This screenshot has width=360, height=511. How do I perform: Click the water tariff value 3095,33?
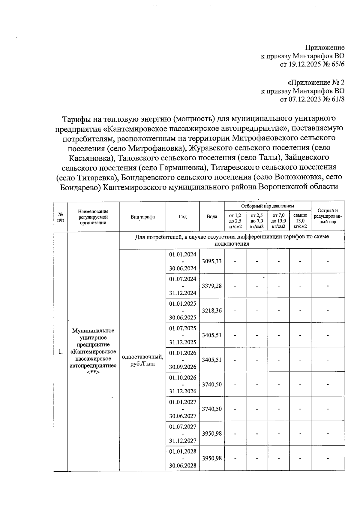[212, 261]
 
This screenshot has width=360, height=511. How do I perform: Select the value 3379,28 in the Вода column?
[212, 286]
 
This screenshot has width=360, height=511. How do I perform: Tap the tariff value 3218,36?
[212, 310]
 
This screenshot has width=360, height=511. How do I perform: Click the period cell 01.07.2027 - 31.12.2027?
[183, 434]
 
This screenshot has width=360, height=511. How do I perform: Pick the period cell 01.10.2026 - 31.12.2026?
[183, 384]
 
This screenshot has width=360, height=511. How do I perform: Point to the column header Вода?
[212, 216]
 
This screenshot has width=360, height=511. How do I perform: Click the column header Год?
[183, 216]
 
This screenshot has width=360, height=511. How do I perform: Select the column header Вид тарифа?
[142, 217]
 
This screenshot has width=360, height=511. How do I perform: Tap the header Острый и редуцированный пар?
[328, 216]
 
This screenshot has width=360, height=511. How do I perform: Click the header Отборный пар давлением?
[267, 206]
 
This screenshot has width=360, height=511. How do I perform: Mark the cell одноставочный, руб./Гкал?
[142, 360]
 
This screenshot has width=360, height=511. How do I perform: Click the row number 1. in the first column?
[61, 352]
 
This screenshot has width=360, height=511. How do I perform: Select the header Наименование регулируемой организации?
[93, 217]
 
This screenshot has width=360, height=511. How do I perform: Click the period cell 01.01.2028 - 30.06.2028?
[183, 458]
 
